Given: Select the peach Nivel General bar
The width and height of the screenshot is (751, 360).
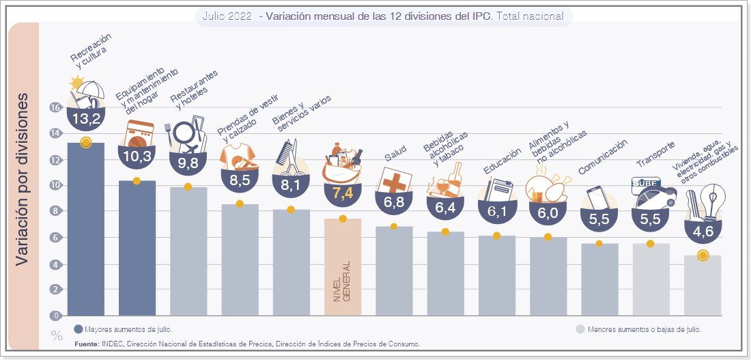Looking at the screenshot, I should click(x=343, y=266).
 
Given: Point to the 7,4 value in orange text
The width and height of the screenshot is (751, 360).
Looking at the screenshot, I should click(x=343, y=193).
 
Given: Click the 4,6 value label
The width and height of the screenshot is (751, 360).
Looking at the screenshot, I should click(x=703, y=232).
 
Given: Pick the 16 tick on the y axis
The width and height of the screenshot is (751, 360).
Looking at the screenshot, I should click(x=55, y=107).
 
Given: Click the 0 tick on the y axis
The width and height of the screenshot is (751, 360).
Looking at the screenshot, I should click(x=55, y=316).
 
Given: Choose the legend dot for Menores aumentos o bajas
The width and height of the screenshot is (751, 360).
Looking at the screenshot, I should click(x=580, y=329).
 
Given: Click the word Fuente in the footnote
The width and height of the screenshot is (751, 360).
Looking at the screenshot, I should click(x=87, y=344).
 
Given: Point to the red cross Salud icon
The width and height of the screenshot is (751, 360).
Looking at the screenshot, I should click(x=394, y=184).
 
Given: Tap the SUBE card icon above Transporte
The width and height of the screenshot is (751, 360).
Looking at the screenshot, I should click(x=644, y=183).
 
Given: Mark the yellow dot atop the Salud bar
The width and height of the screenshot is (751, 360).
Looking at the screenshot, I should click(x=394, y=227).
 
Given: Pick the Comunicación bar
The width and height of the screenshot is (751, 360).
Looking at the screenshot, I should click(x=599, y=279).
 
